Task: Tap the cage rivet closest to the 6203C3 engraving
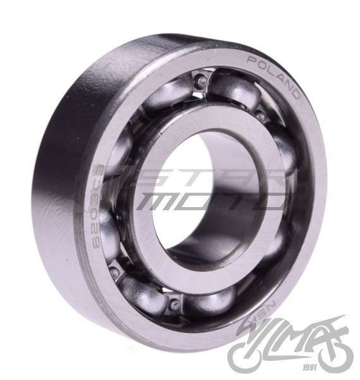pyautogui.click(x=114, y=272)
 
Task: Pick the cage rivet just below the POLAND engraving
pyautogui.click(x=261, y=116)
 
